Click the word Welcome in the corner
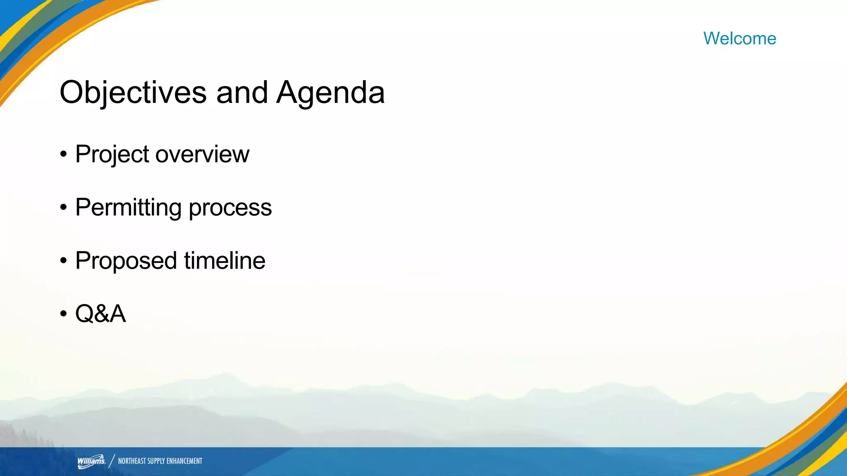point(739,38)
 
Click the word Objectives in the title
point(133,92)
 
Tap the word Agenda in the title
point(330,92)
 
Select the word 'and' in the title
point(242,92)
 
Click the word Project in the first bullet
point(112,155)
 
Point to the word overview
point(202,155)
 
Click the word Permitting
point(128,207)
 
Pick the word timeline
point(225,260)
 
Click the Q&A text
point(100,314)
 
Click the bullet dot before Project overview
point(63,155)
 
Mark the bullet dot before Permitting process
point(63,207)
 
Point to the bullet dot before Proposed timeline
point(63,261)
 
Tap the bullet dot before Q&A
point(63,314)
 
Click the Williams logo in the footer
point(91,461)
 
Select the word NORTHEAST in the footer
point(132,461)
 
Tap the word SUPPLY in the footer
point(156,461)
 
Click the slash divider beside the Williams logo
point(112,461)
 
